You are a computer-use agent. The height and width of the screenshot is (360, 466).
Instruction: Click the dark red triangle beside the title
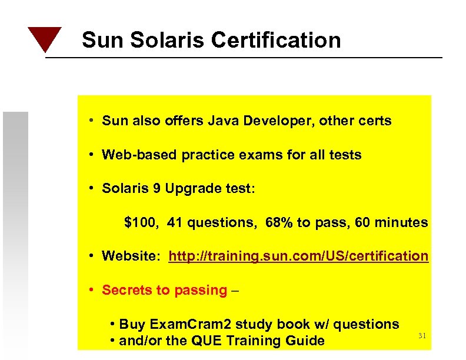(45, 38)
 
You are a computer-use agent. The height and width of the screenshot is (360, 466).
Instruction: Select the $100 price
(140, 223)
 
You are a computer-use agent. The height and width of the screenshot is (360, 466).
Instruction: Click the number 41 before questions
(175, 223)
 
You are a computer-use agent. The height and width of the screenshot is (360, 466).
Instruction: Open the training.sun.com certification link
(298, 256)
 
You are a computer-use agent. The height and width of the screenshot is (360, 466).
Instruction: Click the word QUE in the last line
(209, 341)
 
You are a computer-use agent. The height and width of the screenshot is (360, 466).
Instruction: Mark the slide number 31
(421, 335)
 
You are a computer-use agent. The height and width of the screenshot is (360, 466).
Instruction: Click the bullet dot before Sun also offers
(93, 122)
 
